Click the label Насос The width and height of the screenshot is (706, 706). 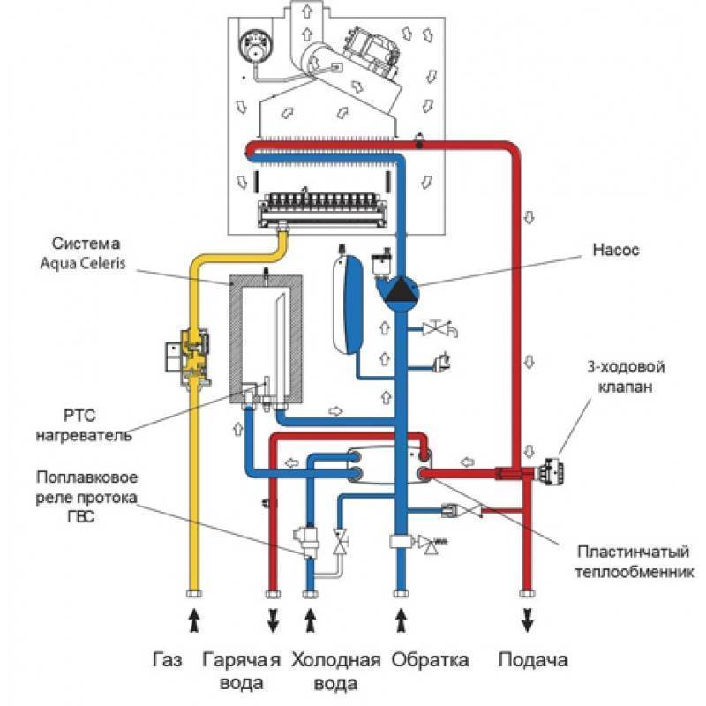click(x=615, y=250)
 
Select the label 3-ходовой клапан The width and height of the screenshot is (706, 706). click(x=626, y=377)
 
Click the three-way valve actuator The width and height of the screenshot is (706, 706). click(x=553, y=472)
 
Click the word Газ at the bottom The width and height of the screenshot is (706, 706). click(x=168, y=660)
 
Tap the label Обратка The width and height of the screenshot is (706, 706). click(x=430, y=660)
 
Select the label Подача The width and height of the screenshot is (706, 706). click(x=533, y=660)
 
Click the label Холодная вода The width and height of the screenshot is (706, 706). click(x=336, y=672)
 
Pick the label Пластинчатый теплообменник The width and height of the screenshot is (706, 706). click(x=634, y=562)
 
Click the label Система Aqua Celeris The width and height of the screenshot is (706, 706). click(x=83, y=253)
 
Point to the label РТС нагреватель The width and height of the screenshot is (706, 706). click(x=84, y=425)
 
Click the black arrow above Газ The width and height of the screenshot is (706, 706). click(x=194, y=620)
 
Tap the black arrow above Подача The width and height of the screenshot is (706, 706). click(x=527, y=620)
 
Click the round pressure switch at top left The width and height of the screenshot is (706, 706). click(x=253, y=47)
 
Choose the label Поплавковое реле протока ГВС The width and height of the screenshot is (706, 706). click(x=86, y=497)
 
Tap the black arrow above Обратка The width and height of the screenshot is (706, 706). click(x=402, y=620)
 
